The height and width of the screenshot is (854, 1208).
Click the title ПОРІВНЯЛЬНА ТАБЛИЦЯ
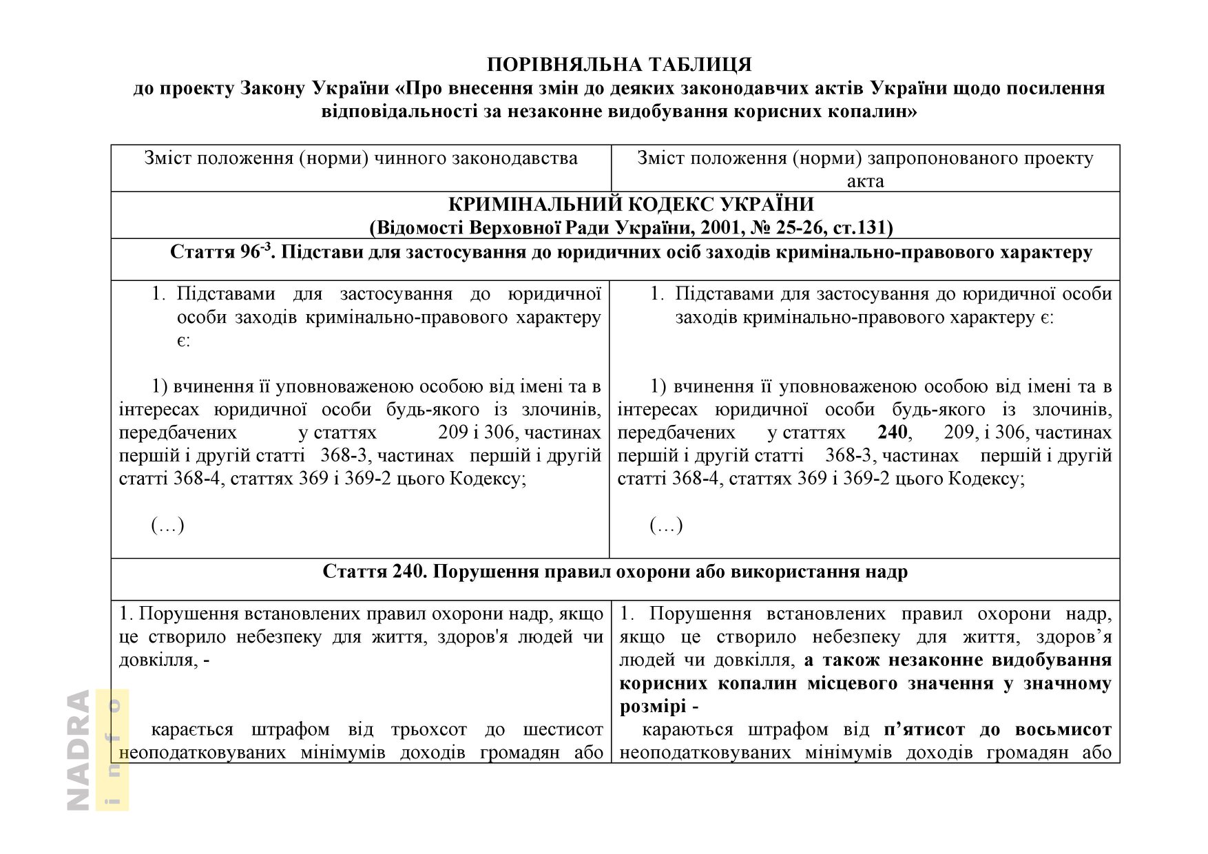click(x=619, y=65)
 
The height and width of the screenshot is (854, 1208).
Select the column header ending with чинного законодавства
click(x=360, y=158)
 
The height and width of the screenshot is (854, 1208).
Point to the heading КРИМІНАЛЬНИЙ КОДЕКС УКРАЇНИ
click(x=631, y=205)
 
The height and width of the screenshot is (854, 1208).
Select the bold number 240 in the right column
click(x=893, y=433)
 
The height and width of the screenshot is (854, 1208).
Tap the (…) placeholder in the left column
click(x=167, y=525)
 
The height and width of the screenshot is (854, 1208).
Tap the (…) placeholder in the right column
click(x=666, y=525)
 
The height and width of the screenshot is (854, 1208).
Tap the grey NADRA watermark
click(x=79, y=750)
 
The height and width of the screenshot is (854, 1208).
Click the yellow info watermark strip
click(x=112, y=750)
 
